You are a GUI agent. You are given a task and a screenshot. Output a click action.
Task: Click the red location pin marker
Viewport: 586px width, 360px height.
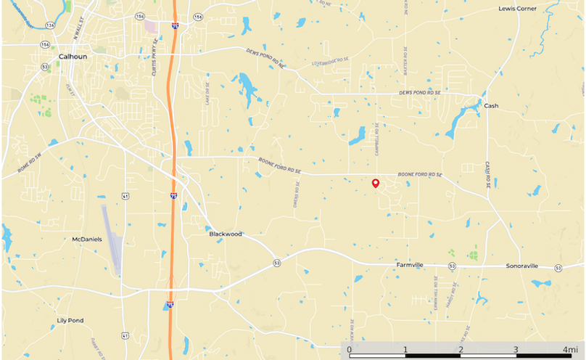pyautogui.click(x=375, y=184)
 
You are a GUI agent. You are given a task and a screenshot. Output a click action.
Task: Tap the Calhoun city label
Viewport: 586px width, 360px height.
pyautogui.click(x=73, y=55)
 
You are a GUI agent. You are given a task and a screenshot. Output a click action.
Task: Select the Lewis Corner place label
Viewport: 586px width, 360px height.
pyautogui.click(x=516, y=9)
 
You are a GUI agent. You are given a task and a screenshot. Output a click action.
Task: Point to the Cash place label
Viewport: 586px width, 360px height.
pyautogui.click(x=491, y=106)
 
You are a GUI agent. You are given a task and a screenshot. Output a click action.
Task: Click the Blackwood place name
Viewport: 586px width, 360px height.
pyautogui.click(x=225, y=234)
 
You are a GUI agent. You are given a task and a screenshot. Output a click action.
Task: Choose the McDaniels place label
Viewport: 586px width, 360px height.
pyautogui.click(x=87, y=239)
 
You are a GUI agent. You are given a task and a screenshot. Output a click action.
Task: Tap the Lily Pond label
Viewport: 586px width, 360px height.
pyautogui.click(x=70, y=320)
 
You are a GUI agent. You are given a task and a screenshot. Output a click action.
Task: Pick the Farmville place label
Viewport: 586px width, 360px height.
pyautogui.click(x=414, y=266)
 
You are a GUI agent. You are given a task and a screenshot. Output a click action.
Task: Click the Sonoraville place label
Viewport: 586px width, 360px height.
pyautogui.click(x=522, y=266)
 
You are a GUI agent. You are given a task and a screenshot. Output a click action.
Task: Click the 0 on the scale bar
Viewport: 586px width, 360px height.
pyautogui.click(x=350, y=350)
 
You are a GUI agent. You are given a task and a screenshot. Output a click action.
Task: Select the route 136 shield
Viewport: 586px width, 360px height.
pyautogui.click(x=50, y=25)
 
